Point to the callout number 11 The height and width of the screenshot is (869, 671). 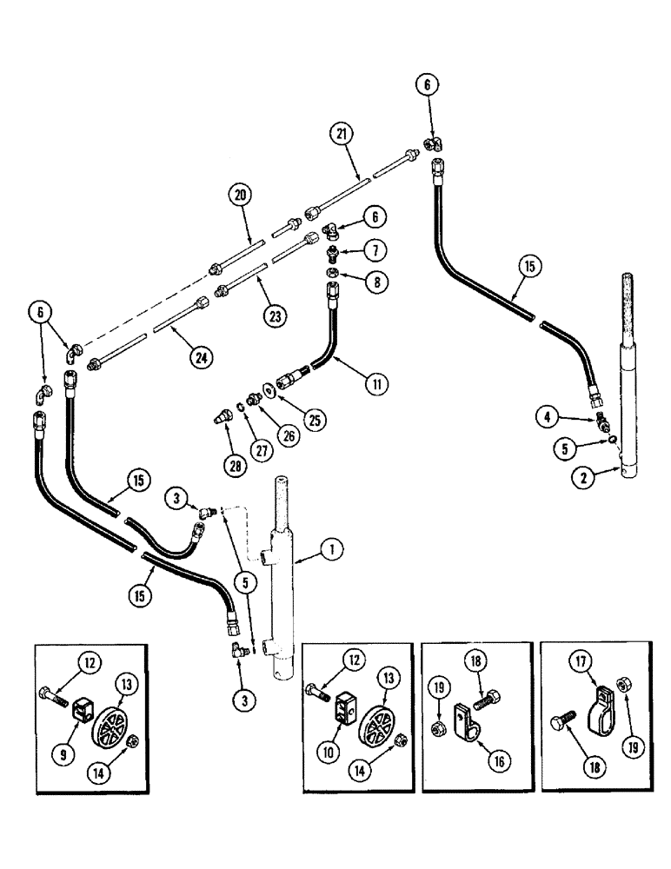(375, 381)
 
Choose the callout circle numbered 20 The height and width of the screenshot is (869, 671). (241, 195)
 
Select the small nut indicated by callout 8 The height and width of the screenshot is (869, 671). (334, 275)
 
